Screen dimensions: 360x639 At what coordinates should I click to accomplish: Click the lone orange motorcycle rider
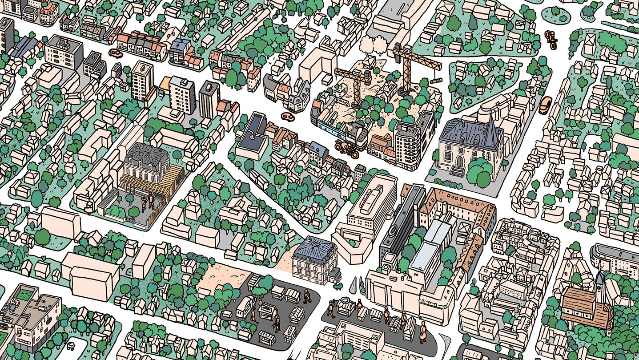point(551,40)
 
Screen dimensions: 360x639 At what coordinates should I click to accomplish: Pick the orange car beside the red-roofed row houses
point(116,53)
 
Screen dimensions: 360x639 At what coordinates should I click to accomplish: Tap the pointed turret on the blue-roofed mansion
point(491,129)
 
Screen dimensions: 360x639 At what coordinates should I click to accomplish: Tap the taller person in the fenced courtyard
point(151,201)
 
